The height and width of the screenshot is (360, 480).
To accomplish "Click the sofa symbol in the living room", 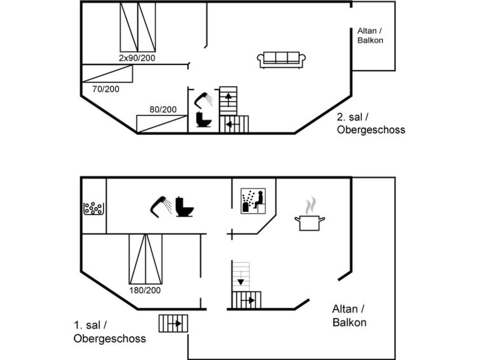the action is tap(282, 60).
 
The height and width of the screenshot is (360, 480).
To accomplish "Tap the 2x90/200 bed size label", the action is tap(137, 58).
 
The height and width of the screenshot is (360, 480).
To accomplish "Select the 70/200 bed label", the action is tap(106, 89).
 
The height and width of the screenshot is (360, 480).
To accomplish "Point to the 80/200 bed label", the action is tap(163, 109).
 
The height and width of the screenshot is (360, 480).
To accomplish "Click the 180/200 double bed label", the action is tap(145, 290).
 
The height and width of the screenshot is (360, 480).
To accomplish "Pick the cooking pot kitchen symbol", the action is tap(310, 214).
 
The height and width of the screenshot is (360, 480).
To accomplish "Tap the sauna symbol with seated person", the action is tap(253, 201).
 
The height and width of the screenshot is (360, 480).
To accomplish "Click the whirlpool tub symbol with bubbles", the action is tap(93, 209).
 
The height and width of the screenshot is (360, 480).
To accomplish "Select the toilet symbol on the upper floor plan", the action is tap(203, 120).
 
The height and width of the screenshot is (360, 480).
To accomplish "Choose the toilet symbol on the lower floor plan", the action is tap(184, 207).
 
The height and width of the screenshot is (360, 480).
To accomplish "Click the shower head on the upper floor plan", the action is tap(203, 100).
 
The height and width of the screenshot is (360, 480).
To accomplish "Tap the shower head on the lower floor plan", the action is tap(161, 207).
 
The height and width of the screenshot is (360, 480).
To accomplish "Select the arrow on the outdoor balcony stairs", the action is tap(175, 323).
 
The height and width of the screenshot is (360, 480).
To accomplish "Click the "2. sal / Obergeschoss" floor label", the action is tap(371, 123).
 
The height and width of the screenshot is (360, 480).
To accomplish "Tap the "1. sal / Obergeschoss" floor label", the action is tap(109, 332).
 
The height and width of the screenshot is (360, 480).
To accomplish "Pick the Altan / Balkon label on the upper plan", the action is tap(370, 36).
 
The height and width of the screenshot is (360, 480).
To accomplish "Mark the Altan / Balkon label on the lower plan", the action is tap(349, 315).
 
